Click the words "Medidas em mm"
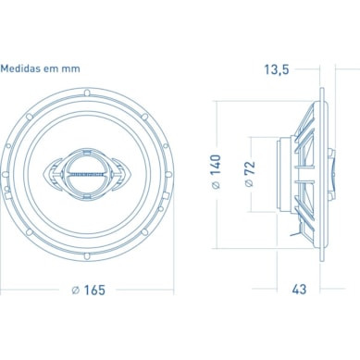tap(40, 68)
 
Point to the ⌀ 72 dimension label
tap(250, 174)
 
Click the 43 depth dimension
tap(299, 290)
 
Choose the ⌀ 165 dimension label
tap(89, 290)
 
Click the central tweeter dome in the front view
tap(90, 172)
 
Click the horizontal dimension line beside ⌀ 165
tap(37, 290)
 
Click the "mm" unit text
tap(70, 68)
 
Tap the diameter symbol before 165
tap(75, 290)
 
